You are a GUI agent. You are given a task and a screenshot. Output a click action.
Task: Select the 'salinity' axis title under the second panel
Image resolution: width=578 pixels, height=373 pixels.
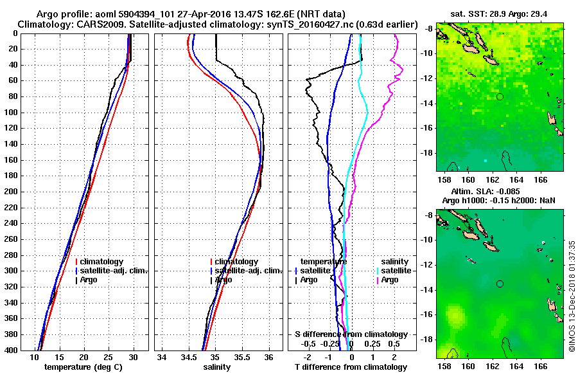(216, 367)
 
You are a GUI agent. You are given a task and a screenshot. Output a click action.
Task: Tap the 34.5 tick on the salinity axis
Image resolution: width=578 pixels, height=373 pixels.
(188, 358)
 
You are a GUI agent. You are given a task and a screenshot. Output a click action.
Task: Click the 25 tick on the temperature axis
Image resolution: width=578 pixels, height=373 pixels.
(108, 358)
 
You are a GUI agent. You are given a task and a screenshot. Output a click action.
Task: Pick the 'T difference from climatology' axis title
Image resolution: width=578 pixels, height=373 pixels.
(351, 367)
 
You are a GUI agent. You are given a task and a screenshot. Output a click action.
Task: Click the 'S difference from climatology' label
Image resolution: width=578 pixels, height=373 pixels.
(351, 334)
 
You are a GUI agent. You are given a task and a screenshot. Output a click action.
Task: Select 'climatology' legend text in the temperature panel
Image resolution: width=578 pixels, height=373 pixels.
(102, 262)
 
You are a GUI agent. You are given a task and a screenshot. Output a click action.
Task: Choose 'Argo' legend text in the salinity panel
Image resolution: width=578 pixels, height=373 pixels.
(224, 280)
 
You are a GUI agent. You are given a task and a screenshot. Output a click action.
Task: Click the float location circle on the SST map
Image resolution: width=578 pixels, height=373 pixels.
(500, 96)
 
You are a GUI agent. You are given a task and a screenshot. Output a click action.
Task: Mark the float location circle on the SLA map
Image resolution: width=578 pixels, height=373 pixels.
(500, 284)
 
